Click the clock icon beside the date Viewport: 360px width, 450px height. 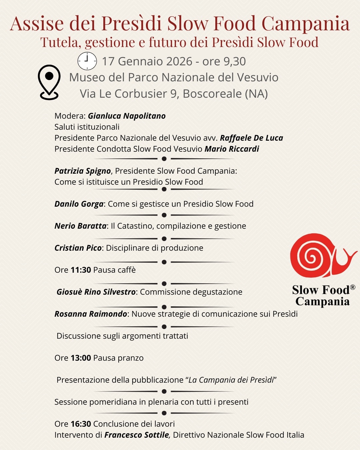pos(87,61)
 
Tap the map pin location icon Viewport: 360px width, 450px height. pos(49,82)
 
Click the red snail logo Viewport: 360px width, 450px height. pos(320,255)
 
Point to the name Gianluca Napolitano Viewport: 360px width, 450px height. pos(127,116)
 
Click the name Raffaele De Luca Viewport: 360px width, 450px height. pos(251,138)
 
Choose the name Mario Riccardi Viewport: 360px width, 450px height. pos(232,149)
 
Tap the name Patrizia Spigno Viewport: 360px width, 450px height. pos(82,171)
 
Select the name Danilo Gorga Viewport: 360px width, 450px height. pos(79,204)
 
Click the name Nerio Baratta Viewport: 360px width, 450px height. pos(80,226)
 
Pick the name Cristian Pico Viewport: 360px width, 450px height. pos(78,248)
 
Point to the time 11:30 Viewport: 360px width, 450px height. pos(81,270)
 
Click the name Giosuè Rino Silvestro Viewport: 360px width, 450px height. pos(96,292)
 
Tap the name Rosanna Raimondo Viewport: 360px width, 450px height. pos(91,314)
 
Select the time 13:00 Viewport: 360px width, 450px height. pos(81,358)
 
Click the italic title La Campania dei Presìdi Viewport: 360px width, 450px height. pos(231,380)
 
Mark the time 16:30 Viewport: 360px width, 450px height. pos(81,424)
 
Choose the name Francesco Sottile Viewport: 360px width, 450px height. pos(137,435)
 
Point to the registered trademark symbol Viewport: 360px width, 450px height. pos(353,287)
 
